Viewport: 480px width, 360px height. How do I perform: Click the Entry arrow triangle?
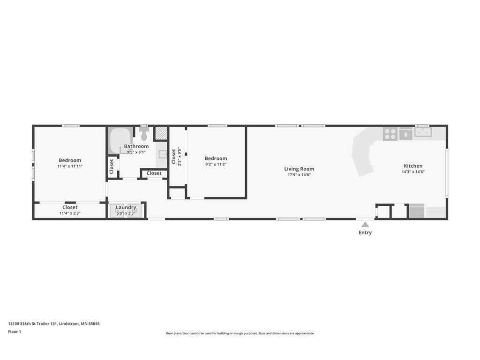pyautogui.click(x=365, y=225)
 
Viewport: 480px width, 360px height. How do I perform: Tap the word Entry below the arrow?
pyautogui.click(x=365, y=232)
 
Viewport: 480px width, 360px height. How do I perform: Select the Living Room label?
pyautogui.click(x=299, y=169)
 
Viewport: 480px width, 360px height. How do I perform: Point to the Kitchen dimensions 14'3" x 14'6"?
pyautogui.click(x=413, y=172)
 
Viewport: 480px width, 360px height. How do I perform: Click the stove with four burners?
pyautogui.click(x=390, y=134)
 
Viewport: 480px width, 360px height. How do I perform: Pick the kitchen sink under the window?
pyautogui.click(x=423, y=132)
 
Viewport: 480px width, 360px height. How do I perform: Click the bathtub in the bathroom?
pyautogui.click(x=120, y=140)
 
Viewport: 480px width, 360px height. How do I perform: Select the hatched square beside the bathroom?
pyautogui.click(x=161, y=133)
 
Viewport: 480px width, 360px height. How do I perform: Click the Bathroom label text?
pyautogui.click(x=136, y=146)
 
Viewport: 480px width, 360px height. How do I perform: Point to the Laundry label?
pyautogui.click(x=126, y=207)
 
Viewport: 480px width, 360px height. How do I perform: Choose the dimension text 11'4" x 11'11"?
pyautogui.click(x=70, y=166)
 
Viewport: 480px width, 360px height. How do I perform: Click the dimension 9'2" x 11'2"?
pyautogui.click(x=216, y=165)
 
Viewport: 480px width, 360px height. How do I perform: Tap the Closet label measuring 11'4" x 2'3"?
pyautogui.click(x=70, y=207)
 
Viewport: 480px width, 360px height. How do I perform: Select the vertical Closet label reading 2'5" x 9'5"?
pyautogui.click(x=173, y=157)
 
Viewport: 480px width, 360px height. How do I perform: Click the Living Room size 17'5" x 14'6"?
pyautogui.click(x=299, y=175)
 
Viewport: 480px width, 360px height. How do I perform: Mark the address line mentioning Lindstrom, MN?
pyautogui.click(x=54, y=323)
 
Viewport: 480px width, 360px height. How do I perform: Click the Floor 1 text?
pyautogui.click(x=15, y=331)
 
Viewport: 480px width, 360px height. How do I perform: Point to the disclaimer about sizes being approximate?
pyautogui.click(x=240, y=333)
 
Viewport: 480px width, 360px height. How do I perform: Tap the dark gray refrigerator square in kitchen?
pyautogui.click(x=417, y=211)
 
